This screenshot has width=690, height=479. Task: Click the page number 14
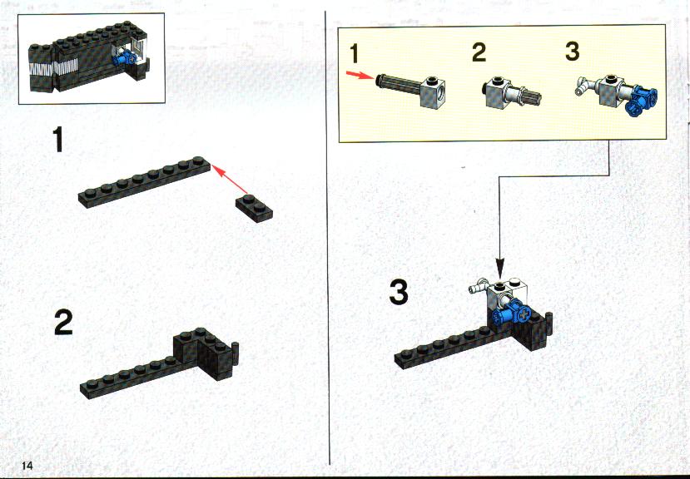tap(27, 466)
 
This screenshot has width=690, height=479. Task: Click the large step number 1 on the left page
tap(57, 139)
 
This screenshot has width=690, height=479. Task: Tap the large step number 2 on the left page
tap(63, 322)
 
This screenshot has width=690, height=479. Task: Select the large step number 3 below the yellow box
tap(399, 293)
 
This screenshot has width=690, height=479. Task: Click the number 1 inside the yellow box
tap(355, 53)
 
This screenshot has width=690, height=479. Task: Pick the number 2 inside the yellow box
tap(479, 52)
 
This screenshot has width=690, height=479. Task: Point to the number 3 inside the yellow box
tap(572, 51)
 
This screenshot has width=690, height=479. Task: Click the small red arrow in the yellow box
tap(360, 75)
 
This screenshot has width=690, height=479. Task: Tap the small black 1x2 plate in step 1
tap(254, 208)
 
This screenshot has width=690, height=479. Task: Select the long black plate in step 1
tap(144, 181)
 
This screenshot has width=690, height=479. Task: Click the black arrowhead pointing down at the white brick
tap(500, 268)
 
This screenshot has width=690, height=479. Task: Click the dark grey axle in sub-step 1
tap(398, 84)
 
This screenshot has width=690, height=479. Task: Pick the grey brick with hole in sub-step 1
tap(432, 92)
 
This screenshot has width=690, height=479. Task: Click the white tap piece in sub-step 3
tap(584, 86)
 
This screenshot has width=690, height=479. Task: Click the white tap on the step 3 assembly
tap(478, 286)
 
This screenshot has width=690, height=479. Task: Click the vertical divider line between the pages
tap(327, 238)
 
